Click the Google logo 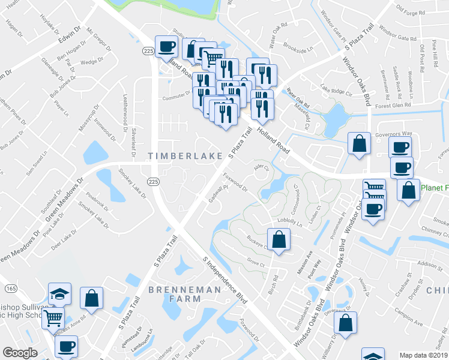pos(20,353)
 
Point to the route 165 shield pos(11,289)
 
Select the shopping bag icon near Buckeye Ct pos(279,239)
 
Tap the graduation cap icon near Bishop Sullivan pos(59,293)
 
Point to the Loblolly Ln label pos(291,221)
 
